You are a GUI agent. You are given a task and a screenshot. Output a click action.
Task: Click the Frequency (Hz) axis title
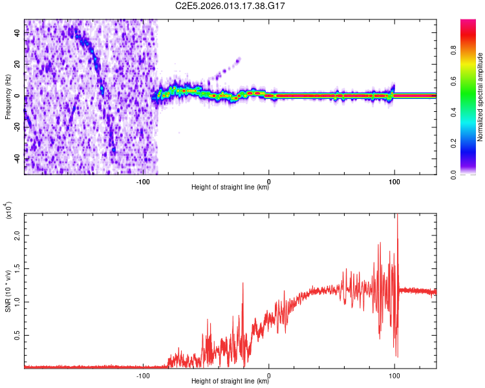(8, 97)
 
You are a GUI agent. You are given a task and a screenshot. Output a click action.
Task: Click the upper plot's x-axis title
(230, 188)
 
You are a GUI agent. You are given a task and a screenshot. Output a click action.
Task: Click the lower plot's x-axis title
(230, 381)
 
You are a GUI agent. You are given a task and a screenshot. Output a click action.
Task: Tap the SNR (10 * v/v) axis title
(8, 291)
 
